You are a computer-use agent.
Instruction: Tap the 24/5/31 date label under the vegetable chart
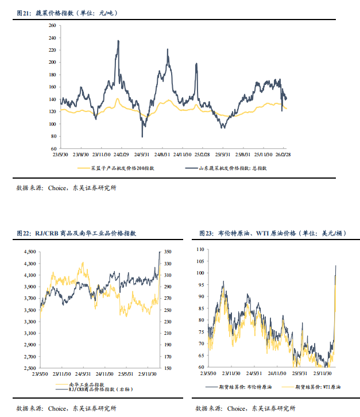point(142,154)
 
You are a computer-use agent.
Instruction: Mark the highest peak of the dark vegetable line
point(118,41)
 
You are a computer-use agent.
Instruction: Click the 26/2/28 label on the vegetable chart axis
point(282,154)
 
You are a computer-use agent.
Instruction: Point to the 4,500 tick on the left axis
point(29,252)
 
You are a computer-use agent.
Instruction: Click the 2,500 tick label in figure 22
point(29,368)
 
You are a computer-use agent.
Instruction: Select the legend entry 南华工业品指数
point(86,384)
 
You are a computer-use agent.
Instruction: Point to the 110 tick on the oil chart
point(200,249)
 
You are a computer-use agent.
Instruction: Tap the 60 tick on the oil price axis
point(202,366)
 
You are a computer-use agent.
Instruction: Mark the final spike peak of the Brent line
point(336,265)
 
